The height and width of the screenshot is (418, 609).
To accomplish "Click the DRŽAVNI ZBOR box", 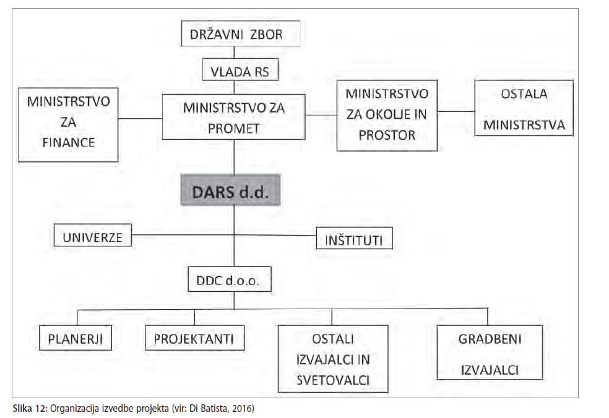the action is pyautogui.click(x=241, y=33).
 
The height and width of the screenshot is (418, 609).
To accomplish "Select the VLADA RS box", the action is pyautogui.click(x=240, y=69).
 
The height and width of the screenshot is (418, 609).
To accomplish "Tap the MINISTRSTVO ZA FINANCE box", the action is pyautogui.click(x=68, y=125).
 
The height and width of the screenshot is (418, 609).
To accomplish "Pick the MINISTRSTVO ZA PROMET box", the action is pyautogui.click(x=233, y=117).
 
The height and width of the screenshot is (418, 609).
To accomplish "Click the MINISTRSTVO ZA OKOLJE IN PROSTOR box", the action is pyautogui.click(x=387, y=115).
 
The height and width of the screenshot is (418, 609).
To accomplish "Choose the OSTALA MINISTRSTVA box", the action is pyautogui.click(x=524, y=108).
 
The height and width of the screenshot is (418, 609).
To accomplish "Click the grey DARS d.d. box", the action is pyautogui.click(x=231, y=190).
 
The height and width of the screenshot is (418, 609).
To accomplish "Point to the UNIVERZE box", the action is pyautogui.click(x=93, y=235).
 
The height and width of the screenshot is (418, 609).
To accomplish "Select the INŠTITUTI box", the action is pyautogui.click(x=354, y=238).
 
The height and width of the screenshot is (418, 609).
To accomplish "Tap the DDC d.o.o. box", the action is pyautogui.click(x=230, y=279).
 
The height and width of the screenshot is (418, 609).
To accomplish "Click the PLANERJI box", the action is pyautogui.click(x=76, y=338).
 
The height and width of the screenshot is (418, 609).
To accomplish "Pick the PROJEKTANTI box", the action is pyautogui.click(x=194, y=338).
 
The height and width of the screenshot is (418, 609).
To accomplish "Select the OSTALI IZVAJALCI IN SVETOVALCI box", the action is pyautogui.click(x=333, y=359).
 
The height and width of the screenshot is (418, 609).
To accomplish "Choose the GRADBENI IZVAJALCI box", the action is pyautogui.click(x=490, y=352).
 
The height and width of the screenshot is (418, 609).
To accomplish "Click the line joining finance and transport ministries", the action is pyautogui.click(x=140, y=118).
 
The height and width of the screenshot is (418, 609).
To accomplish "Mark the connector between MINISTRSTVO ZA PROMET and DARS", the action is pyautogui.click(x=234, y=157).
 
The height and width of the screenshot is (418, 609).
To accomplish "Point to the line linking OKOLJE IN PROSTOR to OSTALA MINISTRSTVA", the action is pyautogui.click(x=456, y=111).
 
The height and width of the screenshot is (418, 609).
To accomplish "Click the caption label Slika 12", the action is pyautogui.click(x=31, y=408).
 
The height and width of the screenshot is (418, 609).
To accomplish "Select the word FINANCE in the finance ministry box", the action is pyautogui.click(x=69, y=142).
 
